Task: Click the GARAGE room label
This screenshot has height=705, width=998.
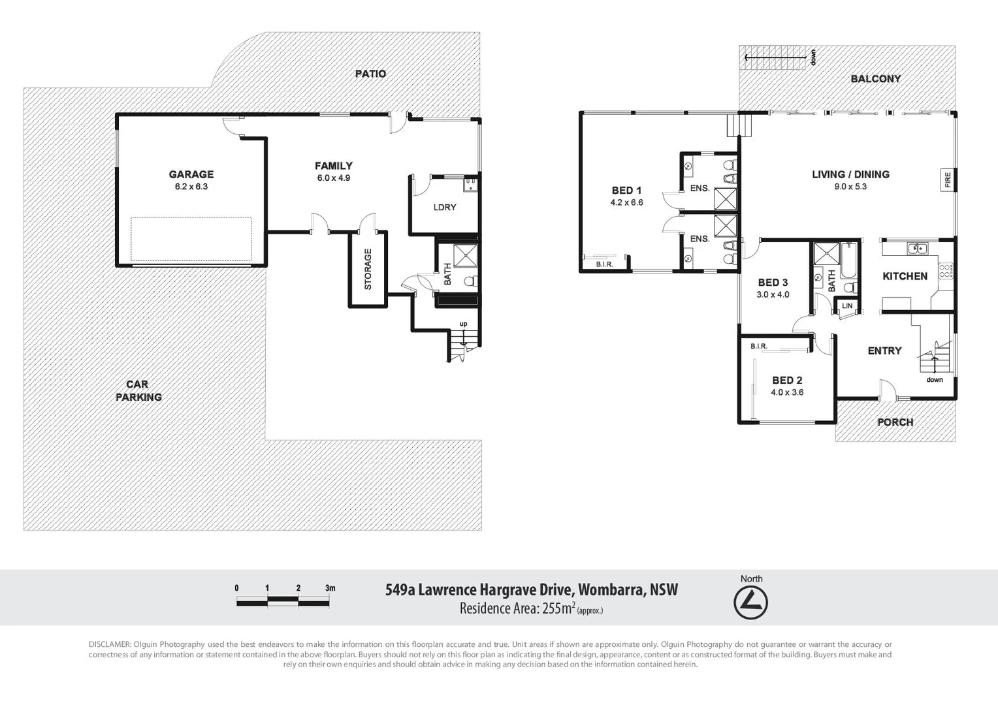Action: [x=191, y=174]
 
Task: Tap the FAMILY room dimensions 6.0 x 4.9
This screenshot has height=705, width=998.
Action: [x=334, y=178]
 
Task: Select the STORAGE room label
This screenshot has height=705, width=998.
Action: [x=368, y=269]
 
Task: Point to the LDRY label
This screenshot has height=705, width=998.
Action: [x=445, y=208]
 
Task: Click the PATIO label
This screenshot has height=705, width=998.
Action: [x=370, y=74]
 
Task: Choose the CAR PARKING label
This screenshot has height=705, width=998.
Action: [x=138, y=390]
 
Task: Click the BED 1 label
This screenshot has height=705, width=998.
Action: [x=626, y=191]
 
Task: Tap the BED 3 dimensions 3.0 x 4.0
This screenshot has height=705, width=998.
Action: [x=773, y=295]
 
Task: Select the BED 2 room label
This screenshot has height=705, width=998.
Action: [x=787, y=380]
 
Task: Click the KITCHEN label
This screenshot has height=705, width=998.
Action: [x=905, y=276]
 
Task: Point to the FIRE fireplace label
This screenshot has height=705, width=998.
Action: [x=948, y=180]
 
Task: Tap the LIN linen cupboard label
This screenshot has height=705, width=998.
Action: [x=847, y=306]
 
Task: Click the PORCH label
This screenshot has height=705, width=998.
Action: [x=895, y=422]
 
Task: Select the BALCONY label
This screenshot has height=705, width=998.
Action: [x=875, y=79]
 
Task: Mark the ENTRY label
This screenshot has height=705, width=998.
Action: [x=884, y=351]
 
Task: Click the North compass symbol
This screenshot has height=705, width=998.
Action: [x=750, y=603]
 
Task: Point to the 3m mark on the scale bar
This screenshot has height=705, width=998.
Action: [x=330, y=588]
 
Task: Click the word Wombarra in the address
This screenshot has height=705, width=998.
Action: [x=611, y=590]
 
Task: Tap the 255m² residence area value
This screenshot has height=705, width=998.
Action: [x=554, y=608]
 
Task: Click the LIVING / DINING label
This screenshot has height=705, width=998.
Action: [x=850, y=174]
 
